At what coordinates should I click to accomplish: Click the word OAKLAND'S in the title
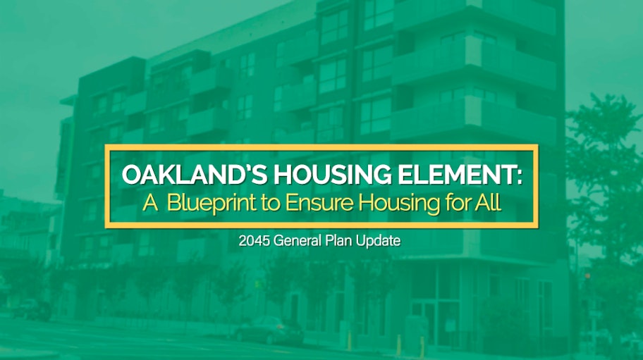[180, 174]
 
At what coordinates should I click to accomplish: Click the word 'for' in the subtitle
[453, 203]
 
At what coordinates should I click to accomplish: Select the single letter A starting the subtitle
[149, 204]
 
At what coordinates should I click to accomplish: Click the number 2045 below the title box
[252, 241]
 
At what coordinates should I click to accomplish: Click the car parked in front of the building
[268, 329]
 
